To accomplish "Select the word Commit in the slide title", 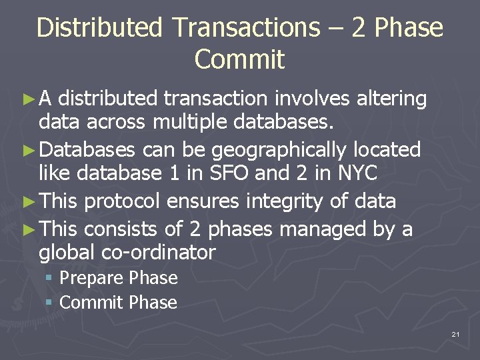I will [x=239, y=59].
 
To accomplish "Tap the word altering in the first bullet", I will [x=391, y=99].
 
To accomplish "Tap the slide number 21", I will [x=455, y=334].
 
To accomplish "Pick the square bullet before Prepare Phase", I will [x=49, y=278].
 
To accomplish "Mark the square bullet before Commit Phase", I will [x=49, y=303].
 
